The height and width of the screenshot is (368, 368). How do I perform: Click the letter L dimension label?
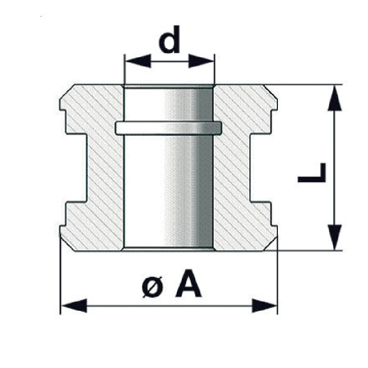click(x=312, y=173)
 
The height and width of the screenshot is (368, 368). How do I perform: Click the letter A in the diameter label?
click(x=189, y=283)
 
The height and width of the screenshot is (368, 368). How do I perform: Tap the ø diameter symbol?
click(x=153, y=287)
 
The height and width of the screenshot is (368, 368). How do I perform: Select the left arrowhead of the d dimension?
click(x=138, y=61)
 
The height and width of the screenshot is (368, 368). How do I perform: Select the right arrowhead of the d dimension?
click(x=201, y=61)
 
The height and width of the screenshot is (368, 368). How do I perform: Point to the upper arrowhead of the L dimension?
click(x=335, y=98)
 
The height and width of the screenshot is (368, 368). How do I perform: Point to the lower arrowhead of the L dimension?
click(x=335, y=237)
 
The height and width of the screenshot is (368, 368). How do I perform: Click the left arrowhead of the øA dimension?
click(x=74, y=305)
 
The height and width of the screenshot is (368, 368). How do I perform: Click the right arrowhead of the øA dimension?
click(x=264, y=305)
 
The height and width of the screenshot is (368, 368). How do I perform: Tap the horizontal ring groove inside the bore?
click(x=168, y=128)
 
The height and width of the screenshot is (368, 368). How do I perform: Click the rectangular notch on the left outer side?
click(x=76, y=168)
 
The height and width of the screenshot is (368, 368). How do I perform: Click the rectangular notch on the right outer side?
click(x=260, y=168)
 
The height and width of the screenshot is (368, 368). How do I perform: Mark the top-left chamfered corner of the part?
click(x=67, y=92)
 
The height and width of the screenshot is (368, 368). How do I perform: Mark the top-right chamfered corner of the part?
click(x=270, y=92)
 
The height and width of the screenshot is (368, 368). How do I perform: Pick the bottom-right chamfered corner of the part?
click(x=270, y=244)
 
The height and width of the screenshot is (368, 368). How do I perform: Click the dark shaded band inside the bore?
click(x=206, y=168)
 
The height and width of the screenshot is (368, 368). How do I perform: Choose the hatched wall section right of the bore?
click(x=232, y=168)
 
